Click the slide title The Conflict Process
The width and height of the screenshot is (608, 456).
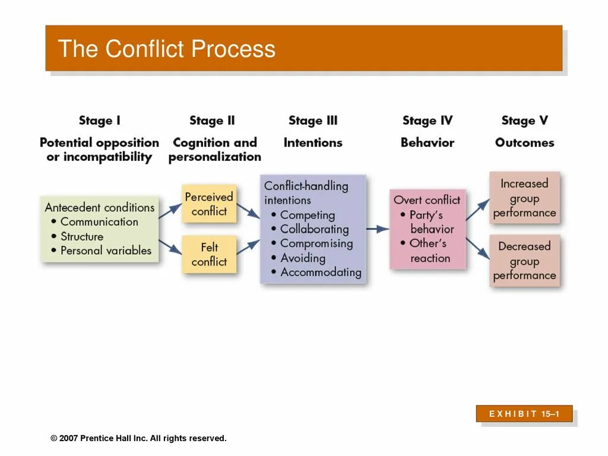(x=167, y=49)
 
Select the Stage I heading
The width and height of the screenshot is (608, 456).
(x=99, y=121)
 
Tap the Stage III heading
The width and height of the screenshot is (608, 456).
(x=313, y=121)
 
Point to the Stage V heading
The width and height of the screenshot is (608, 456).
(x=524, y=121)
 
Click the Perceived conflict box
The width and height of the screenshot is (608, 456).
(x=209, y=204)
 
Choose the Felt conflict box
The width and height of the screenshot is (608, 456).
(x=209, y=254)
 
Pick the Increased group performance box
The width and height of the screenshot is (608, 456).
(x=524, y=198)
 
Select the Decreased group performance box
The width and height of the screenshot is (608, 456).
(x=524, y=261)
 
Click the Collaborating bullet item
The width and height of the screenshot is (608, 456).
(x=314, y=229)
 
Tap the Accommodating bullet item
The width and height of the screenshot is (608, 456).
(x=321, y=273)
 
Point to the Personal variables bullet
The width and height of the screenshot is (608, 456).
(x=106, y=251)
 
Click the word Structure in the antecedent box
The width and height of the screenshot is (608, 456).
(x=82, y=236)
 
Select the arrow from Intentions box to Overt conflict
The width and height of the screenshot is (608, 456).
(x=378, y=229)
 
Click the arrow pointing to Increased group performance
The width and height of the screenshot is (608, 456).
(x=477, y=210)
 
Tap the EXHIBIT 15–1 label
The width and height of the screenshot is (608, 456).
(x=524, y=414)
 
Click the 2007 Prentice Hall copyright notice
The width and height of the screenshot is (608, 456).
(x=138, y=438)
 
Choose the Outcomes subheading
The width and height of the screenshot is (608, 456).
(x=524, y=142)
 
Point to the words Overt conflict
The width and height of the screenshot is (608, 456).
(x=427, y=200)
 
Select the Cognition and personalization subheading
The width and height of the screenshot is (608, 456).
(x=214, y=150)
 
